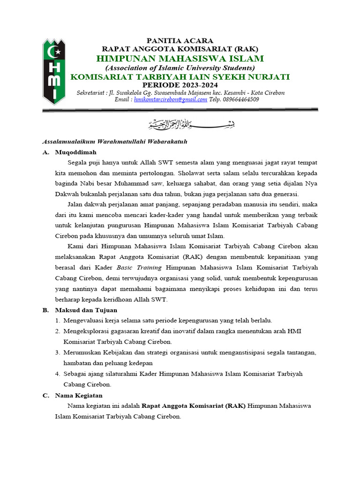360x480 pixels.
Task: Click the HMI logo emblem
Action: pyautogui.click(x=54, y=72)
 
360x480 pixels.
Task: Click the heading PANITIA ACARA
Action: pyautogui.click(x=180, y=41)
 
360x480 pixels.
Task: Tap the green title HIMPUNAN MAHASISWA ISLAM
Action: pyautogui.click(x=180, y=59)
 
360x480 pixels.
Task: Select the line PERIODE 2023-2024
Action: pyautogui.click(x=180, y=85)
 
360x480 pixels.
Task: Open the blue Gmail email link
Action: pyautogui.click(x=170, y=99)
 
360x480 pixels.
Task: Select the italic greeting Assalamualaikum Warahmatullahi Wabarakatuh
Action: pyautogui.click(x=115, y=141)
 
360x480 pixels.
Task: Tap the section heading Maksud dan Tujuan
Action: pyautogui.click(x=86, y=310)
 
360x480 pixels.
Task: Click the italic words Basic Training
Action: pyautogui.click(x=139, y=267)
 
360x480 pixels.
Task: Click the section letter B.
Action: pyautogui.click(x=45, y=310)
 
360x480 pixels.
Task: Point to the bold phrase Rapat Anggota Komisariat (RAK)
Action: pyautogui.click(x=194, y=405)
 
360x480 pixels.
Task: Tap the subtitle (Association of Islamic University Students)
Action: pyautogui.click(x=180, y=68)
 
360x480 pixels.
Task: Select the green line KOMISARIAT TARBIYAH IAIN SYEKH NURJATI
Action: pyautogui.click(x=180, y=77)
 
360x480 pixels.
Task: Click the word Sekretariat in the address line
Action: pyautogui.click(x=90, y=93)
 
